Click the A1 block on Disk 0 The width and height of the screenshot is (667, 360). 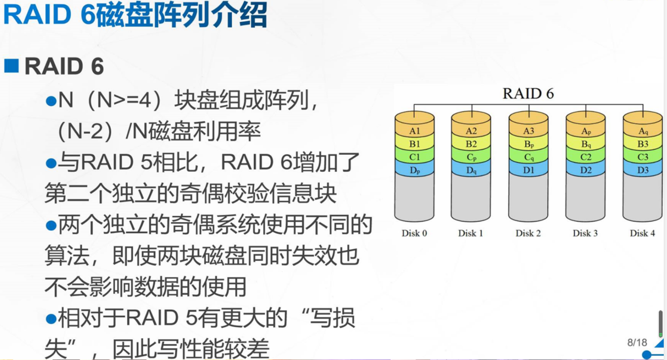pyautogui.click(x=414, y=131)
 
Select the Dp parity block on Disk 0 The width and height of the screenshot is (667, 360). pyautogui.click(x=414, y=170)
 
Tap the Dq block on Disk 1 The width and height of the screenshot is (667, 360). pyautogui.click(x=471, y=170)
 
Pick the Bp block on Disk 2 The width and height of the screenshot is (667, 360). pyautogui.click(x=529, y=144)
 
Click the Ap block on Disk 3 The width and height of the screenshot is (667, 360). pyautogui.click(x=586, y=131)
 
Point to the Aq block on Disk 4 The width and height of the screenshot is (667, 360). pyautogui.click(x=643, y=131)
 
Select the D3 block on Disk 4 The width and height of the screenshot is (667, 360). pyautogui.click(x=643, y=170)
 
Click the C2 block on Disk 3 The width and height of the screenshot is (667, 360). pyautogui.click(x=586, y=157)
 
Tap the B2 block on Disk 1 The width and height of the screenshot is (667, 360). pyautogui.click(x=471, y=144)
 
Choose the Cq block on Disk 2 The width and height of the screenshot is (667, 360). pyautogui.click(x=529, y=157)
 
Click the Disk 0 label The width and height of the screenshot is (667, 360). pyautogui.click(x=414, y=233)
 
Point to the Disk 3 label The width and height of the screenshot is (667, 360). pyautogui.click(x=585, y=233)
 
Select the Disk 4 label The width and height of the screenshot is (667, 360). pyautogui.click(x=643, y=233)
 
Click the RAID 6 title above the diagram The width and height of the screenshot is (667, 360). pyautogui.click(x=528, y=94)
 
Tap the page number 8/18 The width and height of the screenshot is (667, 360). pyautogui.click(x=637, y=342)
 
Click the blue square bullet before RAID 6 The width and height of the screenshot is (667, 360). pyautogui.click(x=11, y=66)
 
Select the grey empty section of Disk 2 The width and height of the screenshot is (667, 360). pyautogui.click(x=528, y=198)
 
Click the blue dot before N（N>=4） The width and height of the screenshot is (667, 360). pyautogui.click(x=51, y=101)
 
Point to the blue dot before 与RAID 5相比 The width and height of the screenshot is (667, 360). pyautogui.click(x=51, y=163)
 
